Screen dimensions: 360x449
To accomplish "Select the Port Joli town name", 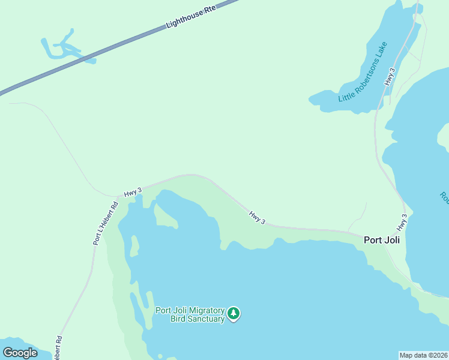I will coord(382,240).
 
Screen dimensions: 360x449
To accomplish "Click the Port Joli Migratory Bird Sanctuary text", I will coord(190,314).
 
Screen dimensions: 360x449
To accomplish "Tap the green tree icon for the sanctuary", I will coord(234,313).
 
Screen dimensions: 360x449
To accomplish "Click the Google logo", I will coord(20,353).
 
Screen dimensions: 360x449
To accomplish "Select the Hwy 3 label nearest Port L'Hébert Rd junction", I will coord(133,192).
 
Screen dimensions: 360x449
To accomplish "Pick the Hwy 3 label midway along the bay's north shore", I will coord(258,217).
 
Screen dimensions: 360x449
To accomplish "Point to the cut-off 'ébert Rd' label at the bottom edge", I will coord(58,348).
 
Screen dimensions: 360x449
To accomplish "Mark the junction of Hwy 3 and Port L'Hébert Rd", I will coord(117,196).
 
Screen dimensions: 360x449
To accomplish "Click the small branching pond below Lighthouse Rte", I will coord(65,47).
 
